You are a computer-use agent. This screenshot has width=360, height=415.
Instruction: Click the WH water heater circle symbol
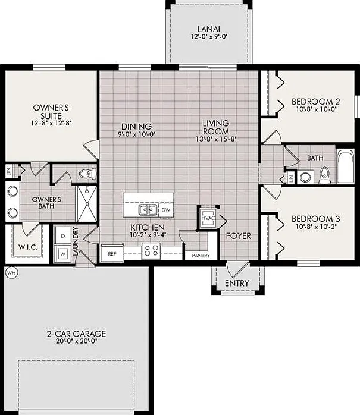[x=11, y=273]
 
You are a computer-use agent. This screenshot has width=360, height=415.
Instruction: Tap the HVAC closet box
[x=208, y=218]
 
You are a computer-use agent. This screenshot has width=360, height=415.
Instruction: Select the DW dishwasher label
[x=166, y=210]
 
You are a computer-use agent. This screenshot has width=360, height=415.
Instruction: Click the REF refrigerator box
[x=112, y=253]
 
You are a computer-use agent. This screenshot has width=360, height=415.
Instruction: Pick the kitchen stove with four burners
[x=151, y=251]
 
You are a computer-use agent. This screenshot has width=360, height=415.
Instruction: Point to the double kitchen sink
[x=147, y=210]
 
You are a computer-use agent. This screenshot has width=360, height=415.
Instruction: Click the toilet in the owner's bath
[x=87, y=174]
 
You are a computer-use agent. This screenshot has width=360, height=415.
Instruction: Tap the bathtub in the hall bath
[x=346, y=166]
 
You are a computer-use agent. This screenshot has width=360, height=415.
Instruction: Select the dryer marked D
[x=63, y=235]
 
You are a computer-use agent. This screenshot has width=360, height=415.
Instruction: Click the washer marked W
[x=62, y=254]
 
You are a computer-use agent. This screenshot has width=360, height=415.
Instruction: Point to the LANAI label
[x=209, y=29]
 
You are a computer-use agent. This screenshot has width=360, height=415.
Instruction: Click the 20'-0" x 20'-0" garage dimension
[x=76, y=341]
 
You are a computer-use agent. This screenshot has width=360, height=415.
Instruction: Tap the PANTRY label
[x=201, y=256]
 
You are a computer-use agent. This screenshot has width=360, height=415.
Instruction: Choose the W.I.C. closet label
[x=28, y=247]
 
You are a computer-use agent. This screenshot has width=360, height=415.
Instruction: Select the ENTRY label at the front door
[x=237, y=283]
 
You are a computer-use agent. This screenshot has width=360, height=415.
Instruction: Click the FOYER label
[x=239, y=236]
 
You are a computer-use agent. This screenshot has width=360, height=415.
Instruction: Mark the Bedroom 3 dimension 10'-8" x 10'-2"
[x=316, y=227]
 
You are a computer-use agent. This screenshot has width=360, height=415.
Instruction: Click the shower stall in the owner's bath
[x=87, y=203]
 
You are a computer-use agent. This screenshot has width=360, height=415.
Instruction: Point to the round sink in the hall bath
[x=305, y=177]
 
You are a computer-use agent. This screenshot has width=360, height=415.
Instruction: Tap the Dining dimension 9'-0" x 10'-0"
[x=136, y=134]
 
